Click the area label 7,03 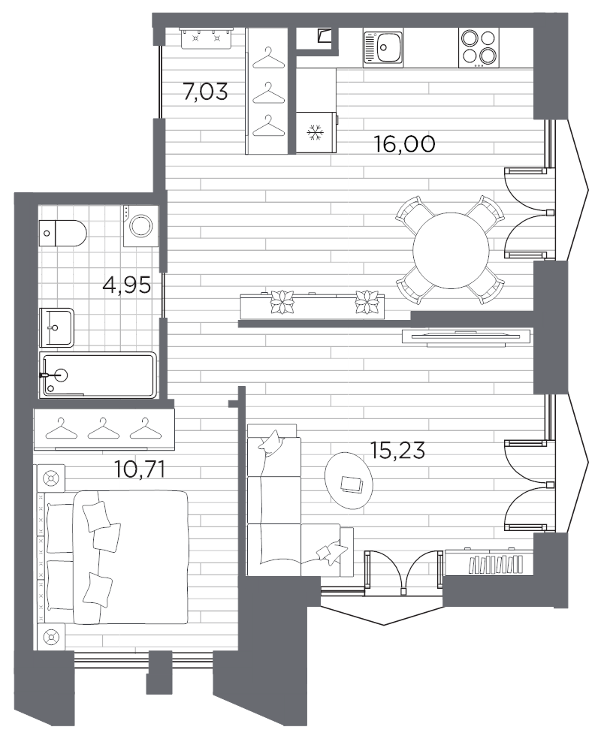point(205,92)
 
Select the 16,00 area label point(404,144)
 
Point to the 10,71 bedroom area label point(139,470)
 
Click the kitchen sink point(383,48)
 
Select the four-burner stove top point(479,47)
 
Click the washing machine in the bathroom point(141,225)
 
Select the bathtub point(100,375)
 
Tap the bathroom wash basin point(57,327)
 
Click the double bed point(116,557)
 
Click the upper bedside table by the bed point(52,478)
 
